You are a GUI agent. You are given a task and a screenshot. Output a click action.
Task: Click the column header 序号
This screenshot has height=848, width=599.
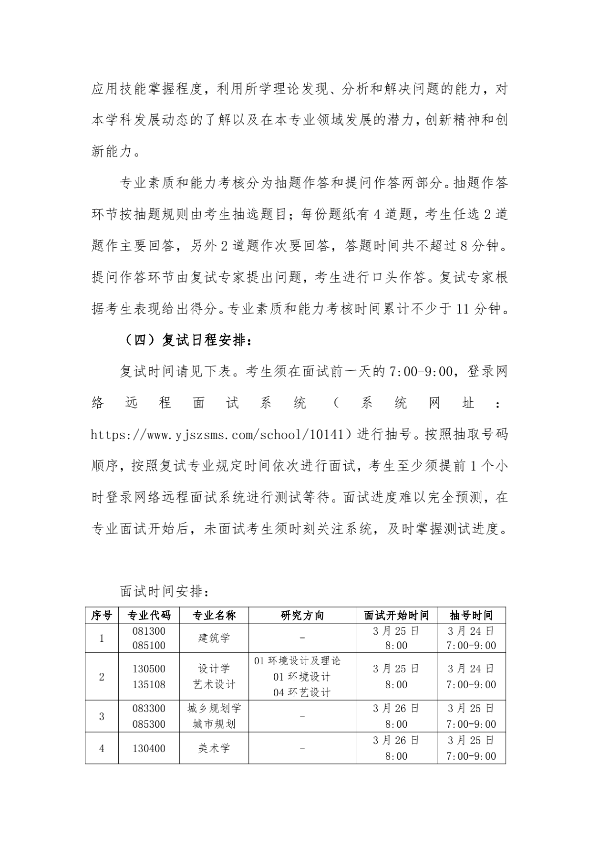[x=102, y=615]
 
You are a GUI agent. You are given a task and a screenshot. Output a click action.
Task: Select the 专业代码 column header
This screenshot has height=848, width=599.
[x=149, y=615]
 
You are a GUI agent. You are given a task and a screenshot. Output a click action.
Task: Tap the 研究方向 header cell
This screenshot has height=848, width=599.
[x=302, y=615]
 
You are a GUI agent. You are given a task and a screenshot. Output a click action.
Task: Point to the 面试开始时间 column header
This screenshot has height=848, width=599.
[x=396, y=615]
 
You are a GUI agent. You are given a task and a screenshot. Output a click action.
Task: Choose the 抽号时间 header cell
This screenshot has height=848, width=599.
[x=471, y=615]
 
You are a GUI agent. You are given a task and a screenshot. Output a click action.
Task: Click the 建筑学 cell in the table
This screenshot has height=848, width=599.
[x=214, y=638]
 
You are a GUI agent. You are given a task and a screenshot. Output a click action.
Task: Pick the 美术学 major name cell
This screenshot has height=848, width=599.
[x=214, y=748]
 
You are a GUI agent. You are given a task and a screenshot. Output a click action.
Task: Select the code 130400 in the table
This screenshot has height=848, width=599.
[x=149, y=748]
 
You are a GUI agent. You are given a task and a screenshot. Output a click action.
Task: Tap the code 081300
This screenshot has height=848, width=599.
[x=149, y=631]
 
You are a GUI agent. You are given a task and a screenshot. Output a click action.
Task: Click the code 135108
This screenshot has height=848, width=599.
[x=149, y=684]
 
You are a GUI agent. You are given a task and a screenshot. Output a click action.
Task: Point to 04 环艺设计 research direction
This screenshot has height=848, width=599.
[x=302, y=692]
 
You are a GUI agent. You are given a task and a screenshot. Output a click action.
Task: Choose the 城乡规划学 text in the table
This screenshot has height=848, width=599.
[x=214, y=708]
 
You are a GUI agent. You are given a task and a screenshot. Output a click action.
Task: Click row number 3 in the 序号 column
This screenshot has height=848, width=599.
[x=102, y=716]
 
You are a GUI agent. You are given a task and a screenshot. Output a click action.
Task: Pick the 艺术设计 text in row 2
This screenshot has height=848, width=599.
[x=214, y=684]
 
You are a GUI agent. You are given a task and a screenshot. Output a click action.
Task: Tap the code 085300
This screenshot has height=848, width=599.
[x=149, y=724]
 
